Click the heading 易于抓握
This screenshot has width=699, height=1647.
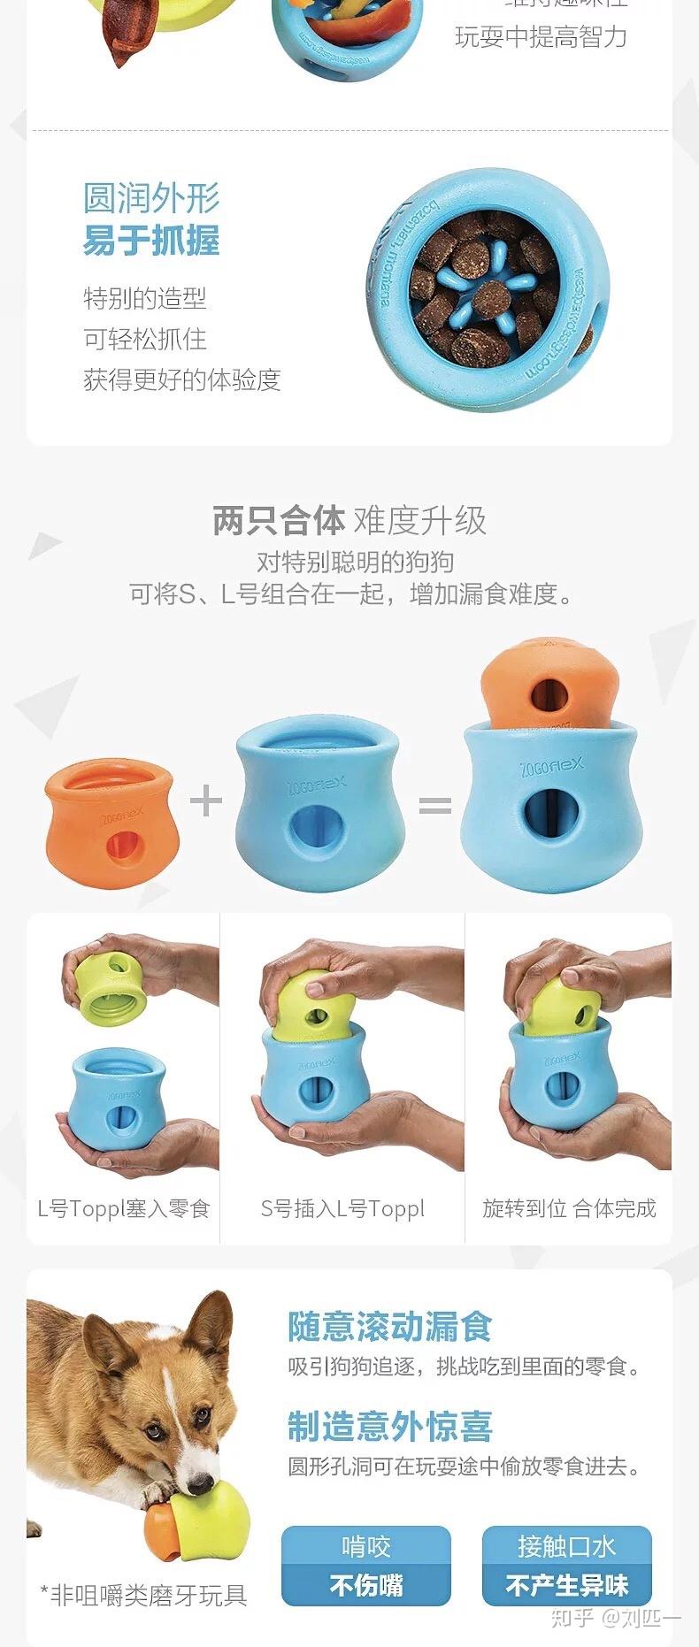click(x=151, y=241)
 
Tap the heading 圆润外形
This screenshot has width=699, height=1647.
click(x=151, y=197)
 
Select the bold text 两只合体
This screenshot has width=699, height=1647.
click(x=278, y=520)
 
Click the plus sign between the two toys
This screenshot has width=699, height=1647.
click(x=205, y=801)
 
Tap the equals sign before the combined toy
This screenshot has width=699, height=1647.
click(x=435, y=804)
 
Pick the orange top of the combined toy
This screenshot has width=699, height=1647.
click(x=549, y=681)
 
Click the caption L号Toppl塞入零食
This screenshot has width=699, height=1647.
click(x=123, y=1208)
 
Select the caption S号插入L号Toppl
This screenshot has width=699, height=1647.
click(x=342, y=1208)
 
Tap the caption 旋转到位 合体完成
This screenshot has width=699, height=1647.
click(x=569, y=1208)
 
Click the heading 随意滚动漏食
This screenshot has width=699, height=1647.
click(x=389, y=1327)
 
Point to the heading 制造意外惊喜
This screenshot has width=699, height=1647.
click(x=389, y=1426)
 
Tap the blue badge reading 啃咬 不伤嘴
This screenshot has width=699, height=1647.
click(x=366, y=1566)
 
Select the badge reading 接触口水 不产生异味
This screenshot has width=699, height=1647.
click(x=566, y=1566)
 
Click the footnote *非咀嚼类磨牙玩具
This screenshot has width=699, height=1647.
click(x=143, y=1595)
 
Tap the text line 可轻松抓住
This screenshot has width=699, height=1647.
click(x=145, y=339)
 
